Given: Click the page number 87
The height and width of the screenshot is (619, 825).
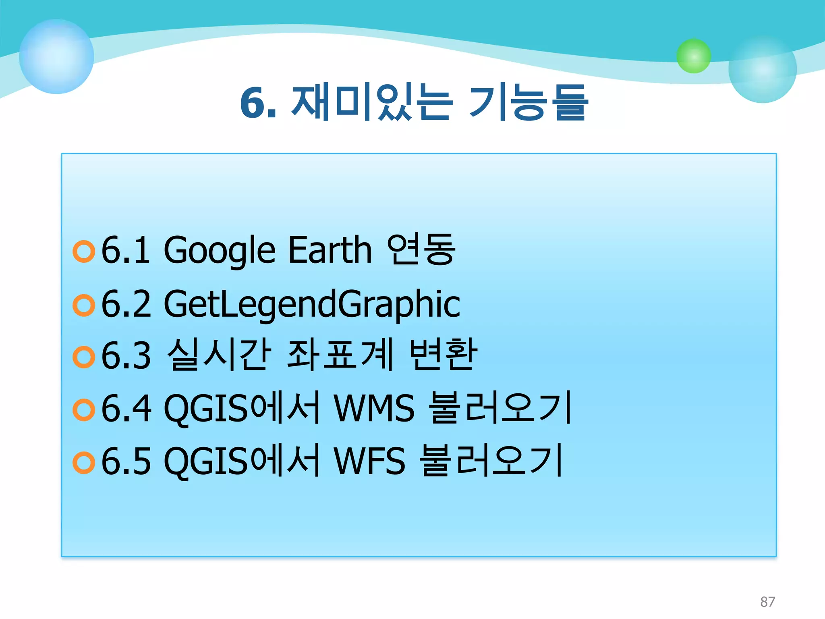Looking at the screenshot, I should (767, 601).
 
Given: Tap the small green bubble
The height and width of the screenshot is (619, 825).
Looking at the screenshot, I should (693, 56).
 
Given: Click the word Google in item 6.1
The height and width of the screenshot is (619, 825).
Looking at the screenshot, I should (220, 251).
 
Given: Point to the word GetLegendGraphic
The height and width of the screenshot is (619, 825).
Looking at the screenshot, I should (312, 304).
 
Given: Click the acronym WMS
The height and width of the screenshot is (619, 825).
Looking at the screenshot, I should (374, 408).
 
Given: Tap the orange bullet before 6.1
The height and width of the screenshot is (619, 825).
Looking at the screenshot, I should (84, 251).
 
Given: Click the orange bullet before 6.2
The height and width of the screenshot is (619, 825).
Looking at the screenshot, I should (84, 305).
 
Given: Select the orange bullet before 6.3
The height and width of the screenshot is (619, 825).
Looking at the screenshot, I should (84, 357).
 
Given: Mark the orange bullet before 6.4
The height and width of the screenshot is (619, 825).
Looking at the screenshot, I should (84, 409).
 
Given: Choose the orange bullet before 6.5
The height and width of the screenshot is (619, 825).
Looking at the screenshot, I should (84, 463).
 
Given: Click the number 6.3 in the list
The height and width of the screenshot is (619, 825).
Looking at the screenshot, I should (126, 355).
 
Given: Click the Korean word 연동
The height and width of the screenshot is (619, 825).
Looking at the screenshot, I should (421, 250).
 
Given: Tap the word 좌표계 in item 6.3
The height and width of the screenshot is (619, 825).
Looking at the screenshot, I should (340, 355).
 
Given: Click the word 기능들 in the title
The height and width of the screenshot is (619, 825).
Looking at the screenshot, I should (529, 103).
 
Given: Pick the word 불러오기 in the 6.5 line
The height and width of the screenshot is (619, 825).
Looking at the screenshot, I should (491, 461).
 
